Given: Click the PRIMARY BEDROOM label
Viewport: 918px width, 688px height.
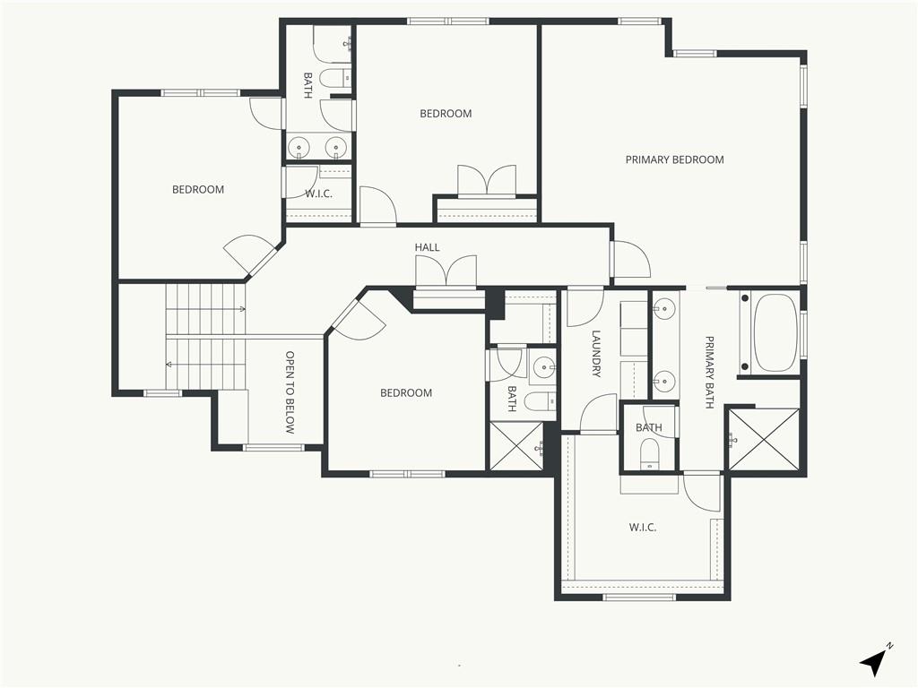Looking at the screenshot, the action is [x=674, y=159].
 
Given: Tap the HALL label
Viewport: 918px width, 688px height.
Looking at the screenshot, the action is [x=427, y=247].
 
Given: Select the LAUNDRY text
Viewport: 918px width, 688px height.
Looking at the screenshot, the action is [x=596, y=354].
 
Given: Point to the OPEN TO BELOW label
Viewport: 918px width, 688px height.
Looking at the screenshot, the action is [x=290, y=392].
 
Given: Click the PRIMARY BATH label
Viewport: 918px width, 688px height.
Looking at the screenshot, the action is [x=709, y=372].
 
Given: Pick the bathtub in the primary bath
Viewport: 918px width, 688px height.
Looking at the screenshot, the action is [x=775, y=332].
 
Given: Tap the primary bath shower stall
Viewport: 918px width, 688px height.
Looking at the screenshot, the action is [x=763, y=439].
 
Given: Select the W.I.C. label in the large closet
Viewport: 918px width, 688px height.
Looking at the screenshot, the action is [x=642, y=527].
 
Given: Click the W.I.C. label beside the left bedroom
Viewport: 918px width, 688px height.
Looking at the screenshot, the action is [x=318, y=193].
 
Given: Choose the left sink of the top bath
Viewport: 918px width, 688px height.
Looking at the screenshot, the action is [x=300, y=147].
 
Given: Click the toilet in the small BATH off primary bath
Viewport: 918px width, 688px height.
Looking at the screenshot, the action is [x=650, y=454].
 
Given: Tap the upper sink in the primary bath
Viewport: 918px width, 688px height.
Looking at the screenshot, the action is [x=664, y=308].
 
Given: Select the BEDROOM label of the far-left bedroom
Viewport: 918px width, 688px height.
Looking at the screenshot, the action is [x=198, y=190].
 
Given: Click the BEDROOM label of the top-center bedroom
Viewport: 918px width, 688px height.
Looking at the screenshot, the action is [x=446, y=114].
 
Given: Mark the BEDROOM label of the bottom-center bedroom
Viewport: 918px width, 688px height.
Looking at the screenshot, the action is [x=406, y=393].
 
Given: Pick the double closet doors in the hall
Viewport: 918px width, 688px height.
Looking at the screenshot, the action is [x=446, y=271].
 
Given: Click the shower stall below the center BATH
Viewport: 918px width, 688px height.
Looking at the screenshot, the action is [x=515, y=446].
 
